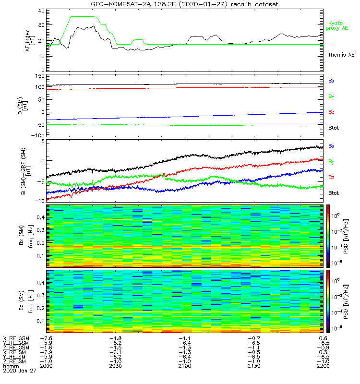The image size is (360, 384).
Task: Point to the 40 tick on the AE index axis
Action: coord(41,11)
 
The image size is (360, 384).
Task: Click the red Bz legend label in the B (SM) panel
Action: coord(331,112)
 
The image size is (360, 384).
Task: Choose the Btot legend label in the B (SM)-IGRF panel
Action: coord(334,192)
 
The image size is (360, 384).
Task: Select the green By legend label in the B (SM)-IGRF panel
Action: coord(331,161)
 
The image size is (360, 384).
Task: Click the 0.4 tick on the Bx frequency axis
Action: coord(41,217)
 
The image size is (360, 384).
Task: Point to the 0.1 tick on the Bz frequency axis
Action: coord(41,320)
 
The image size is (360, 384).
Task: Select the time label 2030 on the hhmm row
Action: coord(116,366)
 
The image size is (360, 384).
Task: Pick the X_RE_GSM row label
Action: coord(16,338)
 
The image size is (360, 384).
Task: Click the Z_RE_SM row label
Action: coord(15,361)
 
